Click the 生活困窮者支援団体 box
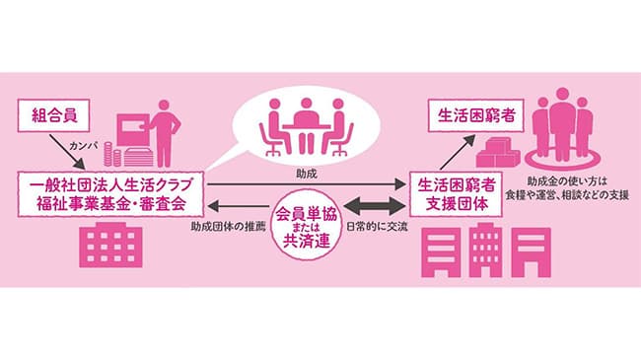coord(456,193)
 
